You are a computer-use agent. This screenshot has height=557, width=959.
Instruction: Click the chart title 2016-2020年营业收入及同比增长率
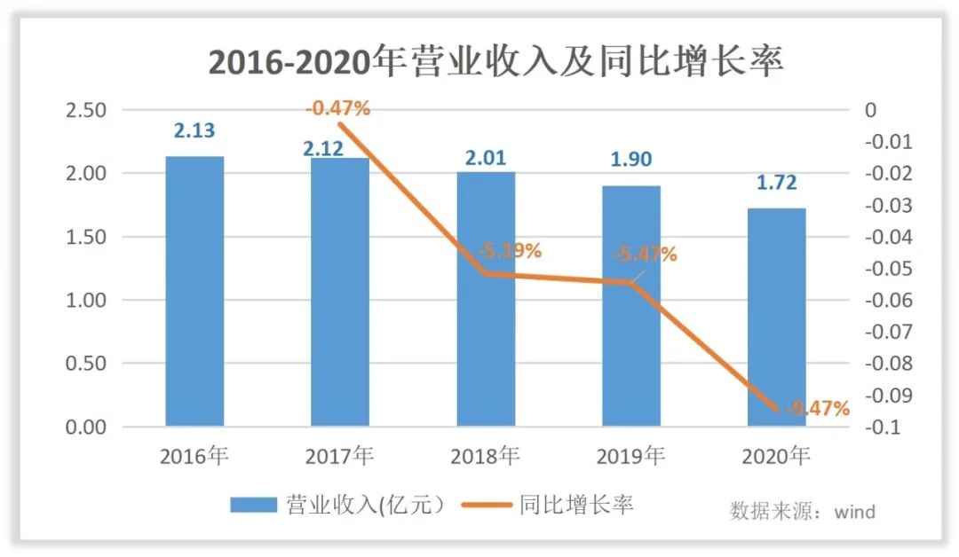coord(496,62)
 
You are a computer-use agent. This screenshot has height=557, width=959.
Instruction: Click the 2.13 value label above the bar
coord(194,131)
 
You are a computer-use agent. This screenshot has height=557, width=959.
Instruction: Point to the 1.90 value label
coord(630,160)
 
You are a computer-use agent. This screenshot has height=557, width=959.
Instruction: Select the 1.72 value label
coord(776,183)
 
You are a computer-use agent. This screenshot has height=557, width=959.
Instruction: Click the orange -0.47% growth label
coord(337,109)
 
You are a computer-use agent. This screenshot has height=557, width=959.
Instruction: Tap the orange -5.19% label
coord(509,251)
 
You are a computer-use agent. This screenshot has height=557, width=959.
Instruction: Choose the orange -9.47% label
coord(815,409)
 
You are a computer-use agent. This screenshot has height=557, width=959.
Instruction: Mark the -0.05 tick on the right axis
coord(888,269)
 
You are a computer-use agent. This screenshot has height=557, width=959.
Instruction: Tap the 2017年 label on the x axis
coord(339,457)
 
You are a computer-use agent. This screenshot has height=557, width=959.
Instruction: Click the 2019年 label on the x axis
coord(630,457)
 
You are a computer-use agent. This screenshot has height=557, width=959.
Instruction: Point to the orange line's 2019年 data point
coord(631,283)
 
